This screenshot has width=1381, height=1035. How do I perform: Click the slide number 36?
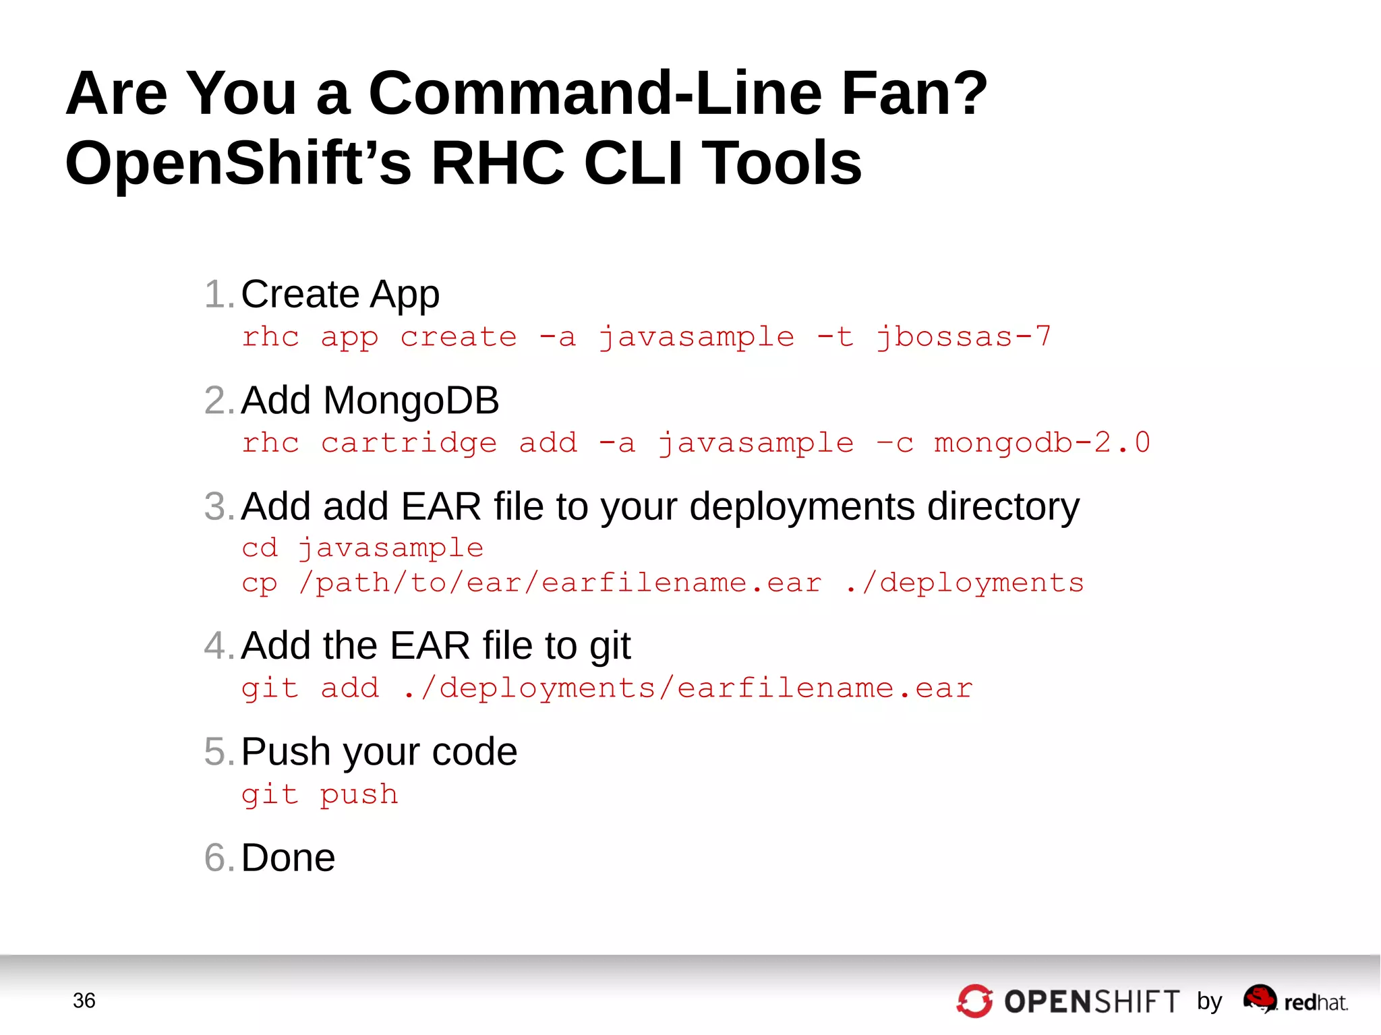click(84, 1001)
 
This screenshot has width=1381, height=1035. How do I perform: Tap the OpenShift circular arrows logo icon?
click(974, 1001)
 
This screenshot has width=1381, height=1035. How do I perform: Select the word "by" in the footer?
click(1210, 1001)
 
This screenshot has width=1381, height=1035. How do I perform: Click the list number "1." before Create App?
click(219, 295)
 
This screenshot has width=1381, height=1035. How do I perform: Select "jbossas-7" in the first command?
click(963, 336)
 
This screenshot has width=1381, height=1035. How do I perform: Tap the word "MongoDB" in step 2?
click(411, 401)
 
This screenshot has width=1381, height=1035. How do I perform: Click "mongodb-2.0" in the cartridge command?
click(1042, 443)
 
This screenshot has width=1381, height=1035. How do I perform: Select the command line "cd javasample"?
click(363, 548)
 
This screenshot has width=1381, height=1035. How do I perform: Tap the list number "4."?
click(219, 646)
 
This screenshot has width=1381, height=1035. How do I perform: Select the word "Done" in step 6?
click(288, 858)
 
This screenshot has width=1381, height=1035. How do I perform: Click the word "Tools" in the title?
click(782, 163)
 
